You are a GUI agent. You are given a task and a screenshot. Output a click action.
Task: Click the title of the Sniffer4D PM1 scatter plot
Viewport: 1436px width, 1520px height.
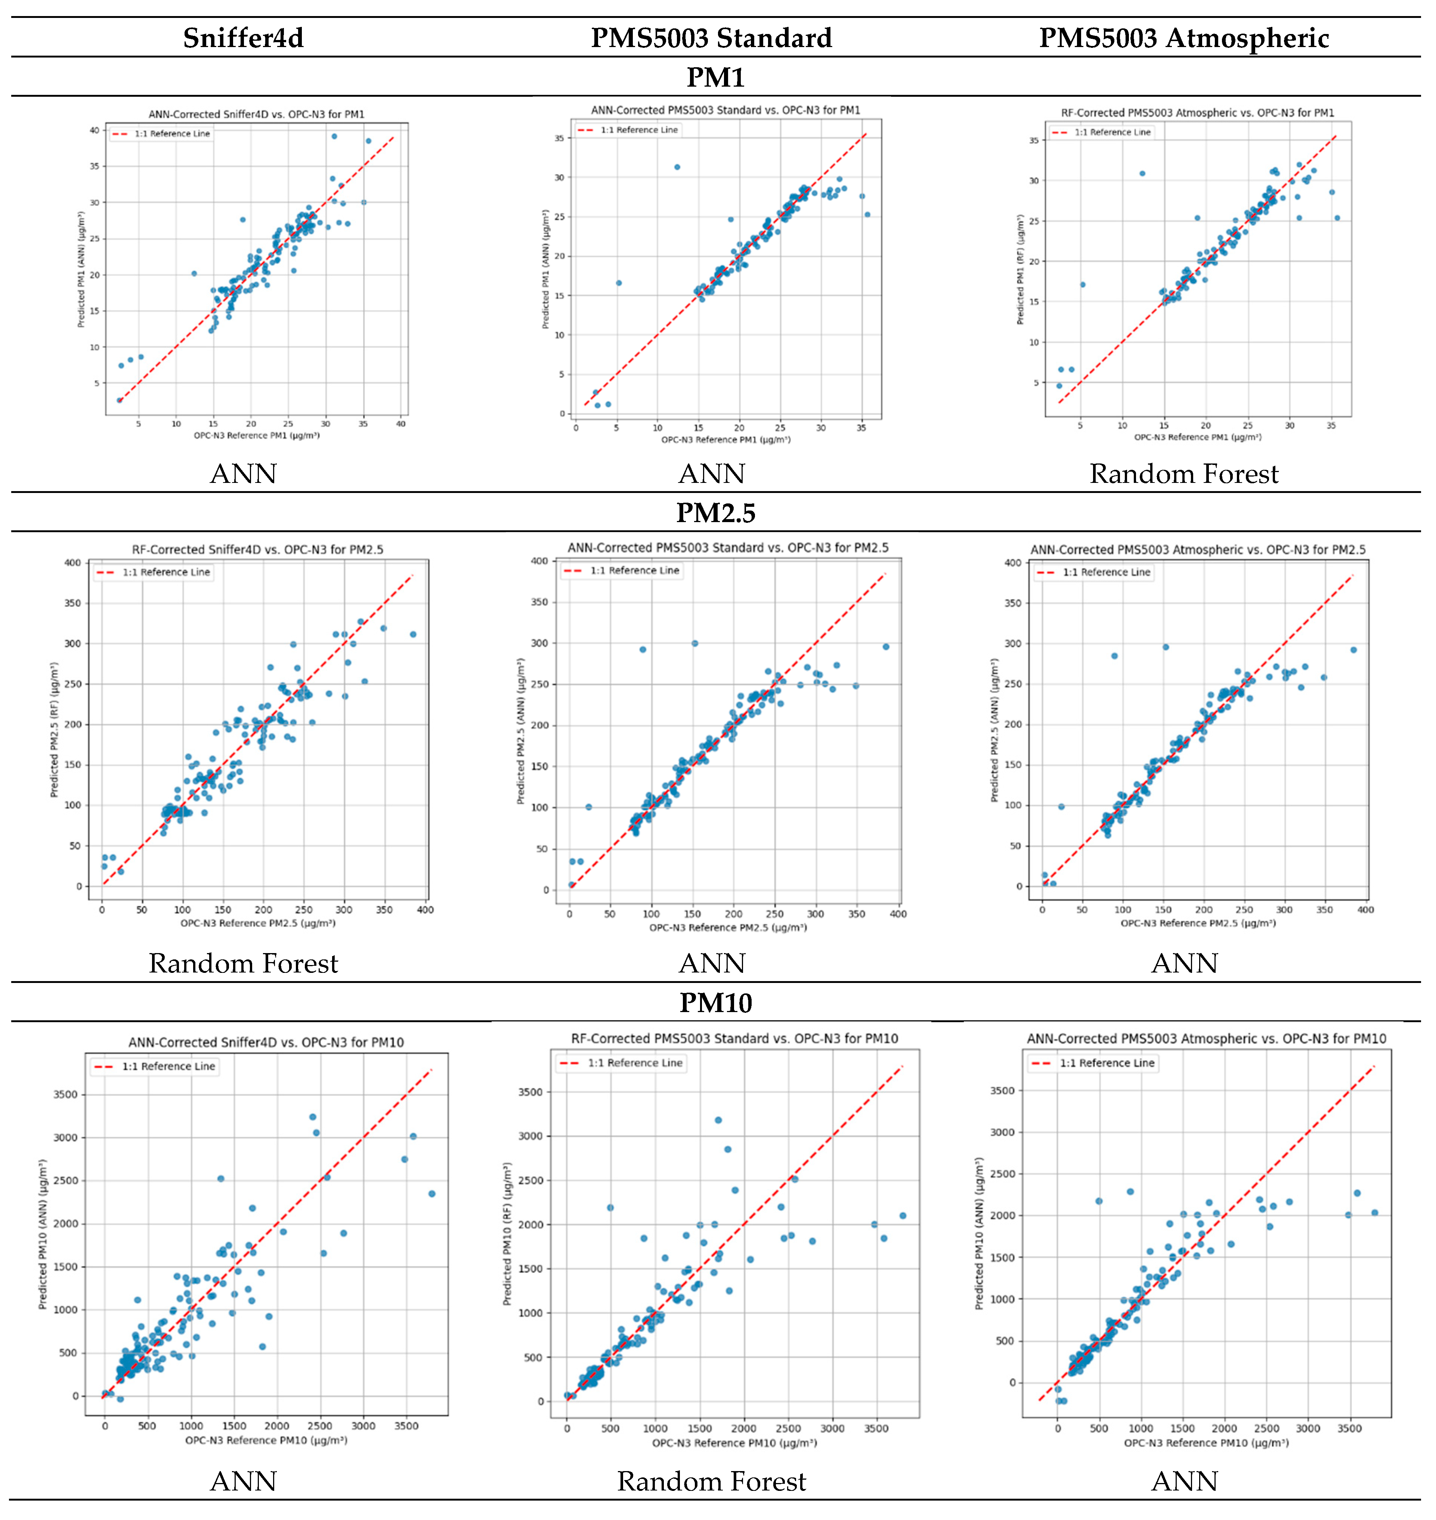(256, 114)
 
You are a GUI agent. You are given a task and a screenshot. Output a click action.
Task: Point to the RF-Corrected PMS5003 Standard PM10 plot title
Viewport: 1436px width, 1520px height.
(734, 1039)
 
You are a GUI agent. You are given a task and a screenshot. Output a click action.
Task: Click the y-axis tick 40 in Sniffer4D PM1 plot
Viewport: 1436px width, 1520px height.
(94, 130)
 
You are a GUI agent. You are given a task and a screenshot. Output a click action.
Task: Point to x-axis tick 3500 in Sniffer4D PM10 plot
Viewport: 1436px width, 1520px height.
(406, 1426)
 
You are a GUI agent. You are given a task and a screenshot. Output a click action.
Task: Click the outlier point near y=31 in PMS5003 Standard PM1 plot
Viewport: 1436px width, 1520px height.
(677, 167)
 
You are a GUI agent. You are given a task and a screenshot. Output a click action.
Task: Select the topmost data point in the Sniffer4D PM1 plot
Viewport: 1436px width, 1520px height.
(334, 136)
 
